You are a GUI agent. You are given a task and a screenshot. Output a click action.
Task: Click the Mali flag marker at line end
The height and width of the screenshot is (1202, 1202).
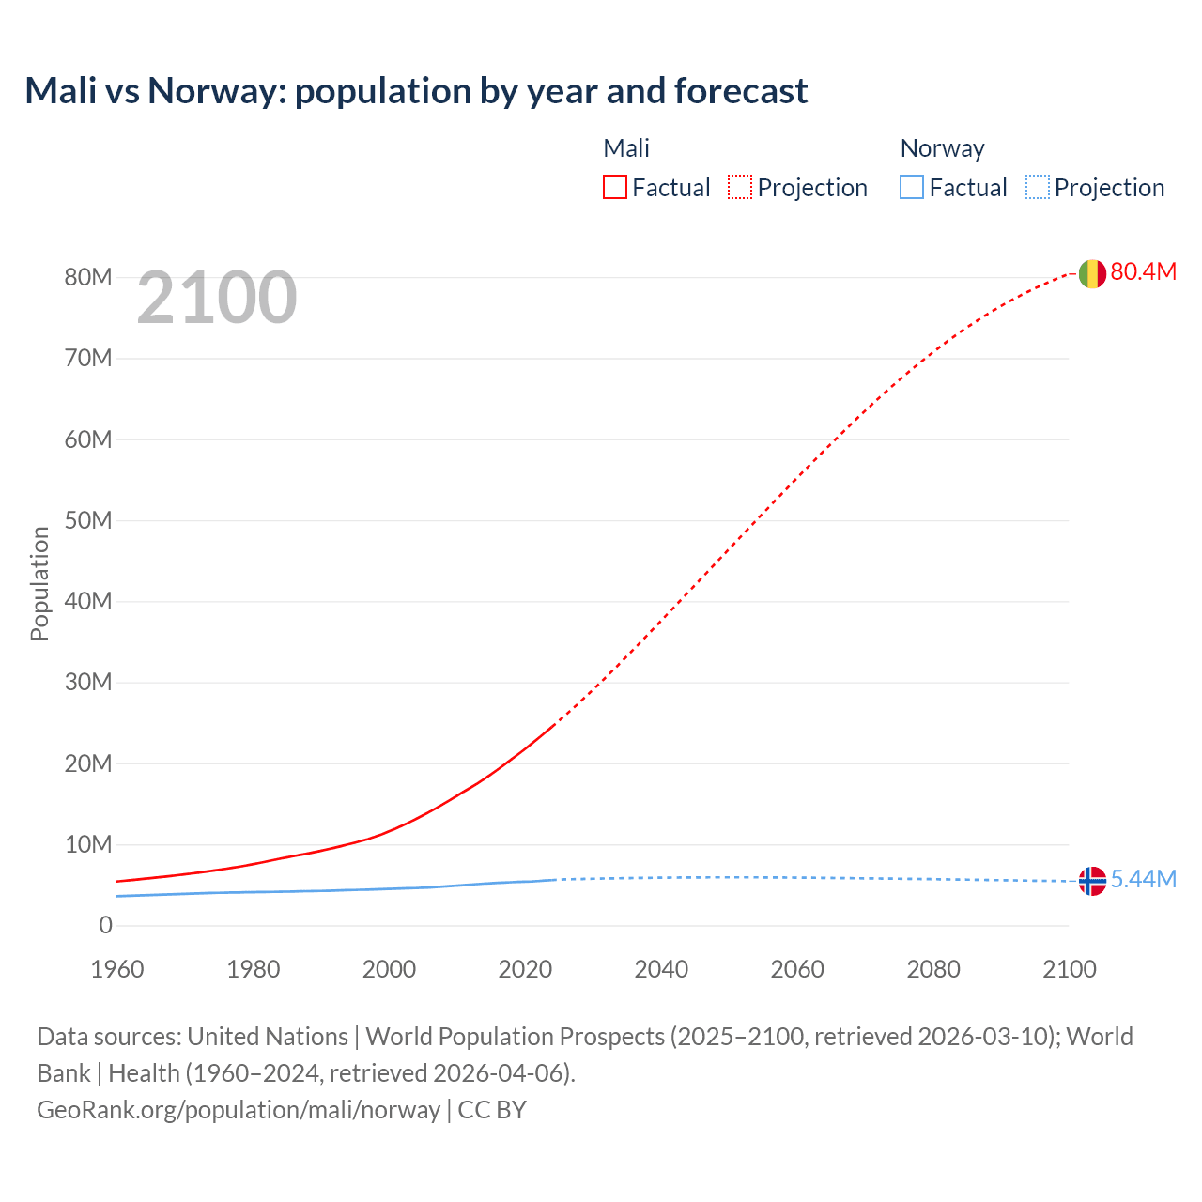1091,273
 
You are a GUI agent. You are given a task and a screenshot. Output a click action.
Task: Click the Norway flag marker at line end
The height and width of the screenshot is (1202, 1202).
1091,881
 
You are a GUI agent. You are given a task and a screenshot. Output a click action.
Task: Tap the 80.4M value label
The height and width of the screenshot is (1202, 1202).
1143,271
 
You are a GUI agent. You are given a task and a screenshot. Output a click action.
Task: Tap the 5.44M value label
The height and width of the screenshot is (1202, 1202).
1143,879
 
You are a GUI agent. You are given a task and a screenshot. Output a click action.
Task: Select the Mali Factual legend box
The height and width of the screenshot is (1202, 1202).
615,188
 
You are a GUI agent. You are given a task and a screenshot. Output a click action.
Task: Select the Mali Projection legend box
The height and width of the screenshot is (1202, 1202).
740,188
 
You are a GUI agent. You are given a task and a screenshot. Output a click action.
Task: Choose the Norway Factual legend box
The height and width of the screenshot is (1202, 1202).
912,188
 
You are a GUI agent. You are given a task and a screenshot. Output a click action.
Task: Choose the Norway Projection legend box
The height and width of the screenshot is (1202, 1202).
1038,188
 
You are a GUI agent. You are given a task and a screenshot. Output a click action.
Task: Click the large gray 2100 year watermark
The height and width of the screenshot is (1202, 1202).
217,298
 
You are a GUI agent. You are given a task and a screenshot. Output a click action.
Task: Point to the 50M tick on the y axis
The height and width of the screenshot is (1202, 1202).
88,520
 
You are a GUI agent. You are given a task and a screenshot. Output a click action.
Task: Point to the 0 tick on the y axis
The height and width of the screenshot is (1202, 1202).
105,926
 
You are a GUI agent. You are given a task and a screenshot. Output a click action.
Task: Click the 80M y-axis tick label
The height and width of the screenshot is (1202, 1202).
88,277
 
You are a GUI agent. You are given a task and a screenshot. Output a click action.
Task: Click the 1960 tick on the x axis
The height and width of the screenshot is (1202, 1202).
117,969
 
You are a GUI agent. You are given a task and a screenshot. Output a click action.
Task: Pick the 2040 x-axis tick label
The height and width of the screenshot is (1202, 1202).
661,969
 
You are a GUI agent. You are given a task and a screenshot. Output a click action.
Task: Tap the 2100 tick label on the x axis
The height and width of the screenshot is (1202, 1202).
1069,969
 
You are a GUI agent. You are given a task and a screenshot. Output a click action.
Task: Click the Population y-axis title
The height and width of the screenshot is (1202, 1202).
39,583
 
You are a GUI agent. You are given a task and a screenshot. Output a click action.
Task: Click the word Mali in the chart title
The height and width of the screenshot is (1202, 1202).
61,91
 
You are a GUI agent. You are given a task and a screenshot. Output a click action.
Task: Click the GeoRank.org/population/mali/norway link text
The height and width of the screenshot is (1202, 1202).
239,1110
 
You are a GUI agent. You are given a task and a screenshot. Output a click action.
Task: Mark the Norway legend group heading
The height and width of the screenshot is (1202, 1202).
942,148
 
